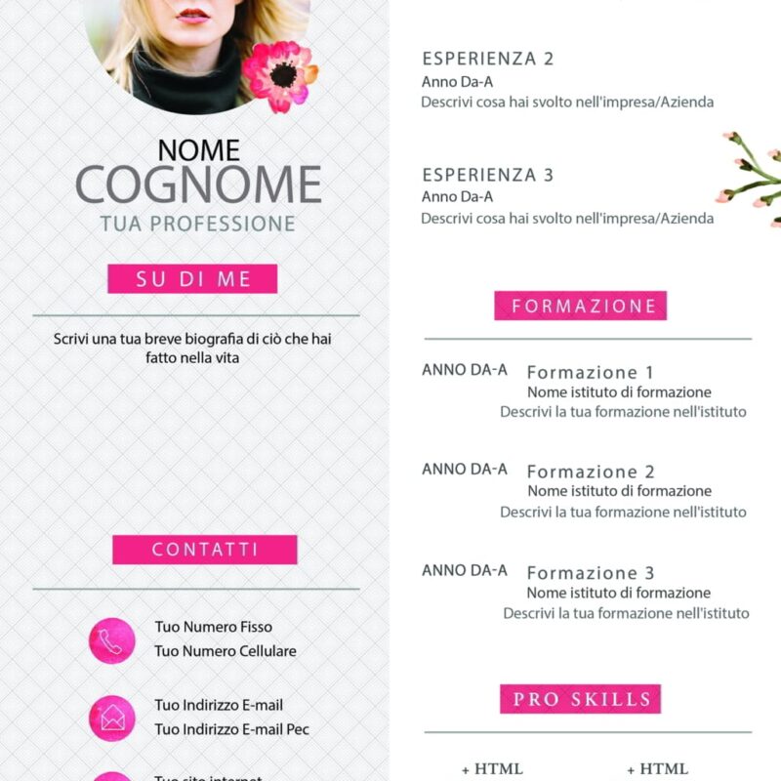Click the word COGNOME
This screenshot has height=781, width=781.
(x=198, y=185)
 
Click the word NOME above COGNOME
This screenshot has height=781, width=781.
(x=198, y=149)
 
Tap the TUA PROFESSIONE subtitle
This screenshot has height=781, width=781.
(x=197, y=224)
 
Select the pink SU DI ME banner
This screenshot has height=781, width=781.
(x=192, y=279)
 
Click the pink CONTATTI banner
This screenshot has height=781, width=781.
(x=204, y=550)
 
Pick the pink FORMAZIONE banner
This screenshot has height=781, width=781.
(x=581, y=306)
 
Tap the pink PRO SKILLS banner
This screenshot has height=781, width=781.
(x=581, y=699)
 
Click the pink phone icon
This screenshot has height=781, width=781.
(x=111, y=640)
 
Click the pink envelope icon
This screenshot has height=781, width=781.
(x=111, y=719)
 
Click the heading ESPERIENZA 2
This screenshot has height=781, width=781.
(x=487, y=59)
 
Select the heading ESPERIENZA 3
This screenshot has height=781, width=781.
(x=487, y=175)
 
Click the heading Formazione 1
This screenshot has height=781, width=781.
(x=590, y=372)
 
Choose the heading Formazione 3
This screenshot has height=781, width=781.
(x=590, y=573)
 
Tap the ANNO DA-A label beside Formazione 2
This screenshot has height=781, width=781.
(x=464, y=470)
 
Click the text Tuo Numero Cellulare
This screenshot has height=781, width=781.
(x=225, y=651)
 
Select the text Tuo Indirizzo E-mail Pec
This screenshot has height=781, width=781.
(x=231, y=729)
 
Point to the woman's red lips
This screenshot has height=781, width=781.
(x=193, y=17)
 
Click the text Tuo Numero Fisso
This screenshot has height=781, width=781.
(x=213, y=627)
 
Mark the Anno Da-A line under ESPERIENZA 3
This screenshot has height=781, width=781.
(x=457, y=197)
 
